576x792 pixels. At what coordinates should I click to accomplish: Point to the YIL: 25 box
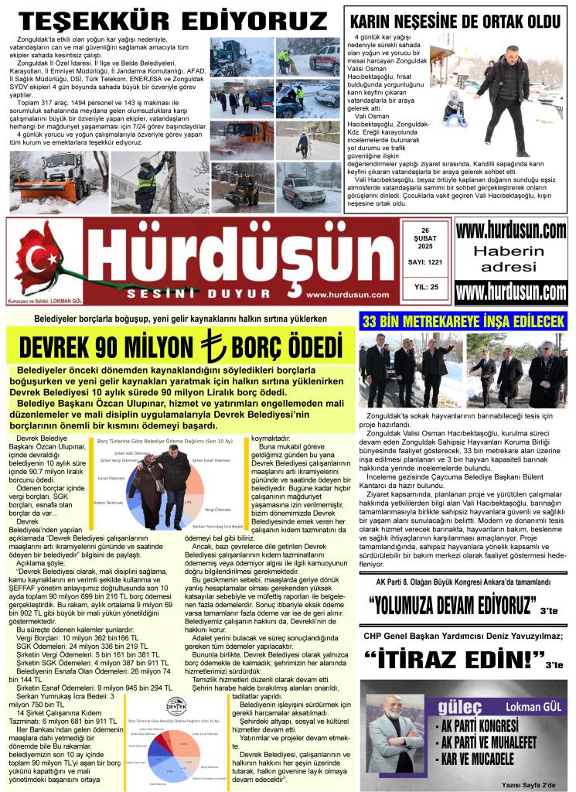(x=423, y=287)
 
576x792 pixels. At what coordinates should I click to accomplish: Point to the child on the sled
(x=454, y=109)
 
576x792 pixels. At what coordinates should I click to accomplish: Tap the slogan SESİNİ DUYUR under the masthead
(x=171, y=294)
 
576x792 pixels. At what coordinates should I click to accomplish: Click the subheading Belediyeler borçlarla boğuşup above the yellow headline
(x=180, y=319)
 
